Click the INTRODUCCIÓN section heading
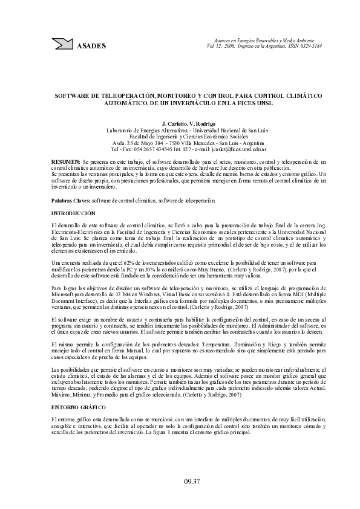click(74, 213)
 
